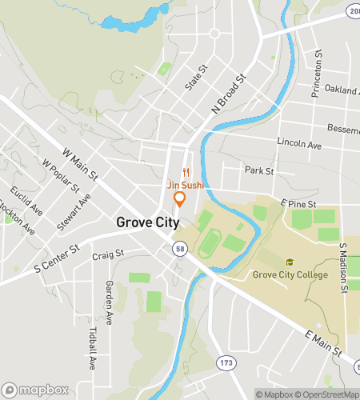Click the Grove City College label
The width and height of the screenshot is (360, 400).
[x=290, y=275]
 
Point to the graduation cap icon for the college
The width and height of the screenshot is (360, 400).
[x=290, y=262]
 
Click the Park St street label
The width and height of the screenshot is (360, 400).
[x=259, y=171]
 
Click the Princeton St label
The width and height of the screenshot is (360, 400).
[x=318, y=72]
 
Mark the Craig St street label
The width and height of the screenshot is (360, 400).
[x=107, y=255]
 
